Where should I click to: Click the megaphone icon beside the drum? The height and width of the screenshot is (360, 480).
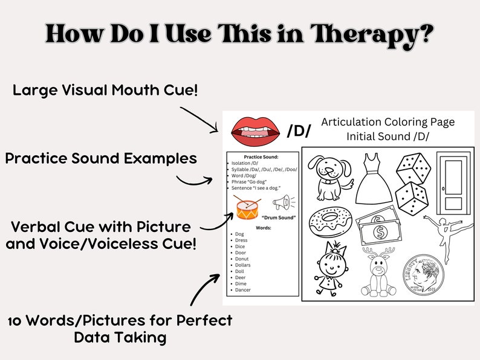[282, 202]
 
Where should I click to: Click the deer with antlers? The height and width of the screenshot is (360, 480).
[378, 271]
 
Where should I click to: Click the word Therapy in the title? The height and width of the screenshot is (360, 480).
[370, 34]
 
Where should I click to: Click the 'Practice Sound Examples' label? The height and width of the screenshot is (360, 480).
[101, 158]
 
